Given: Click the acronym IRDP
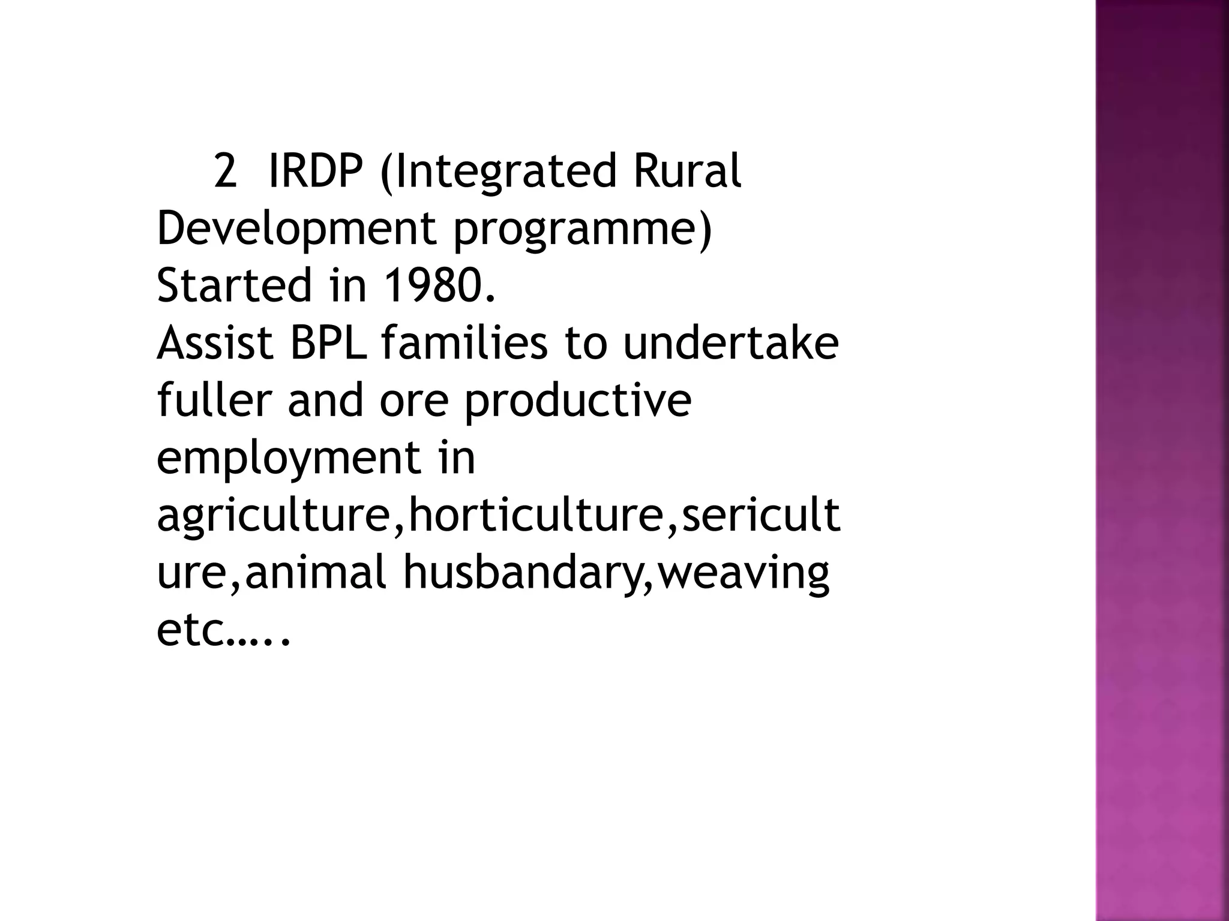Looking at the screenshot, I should coord(315,171).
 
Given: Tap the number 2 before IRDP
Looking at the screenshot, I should coord(225,171).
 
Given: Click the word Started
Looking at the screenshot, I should coord(234,285).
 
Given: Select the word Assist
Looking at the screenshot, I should coord(215,343).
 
